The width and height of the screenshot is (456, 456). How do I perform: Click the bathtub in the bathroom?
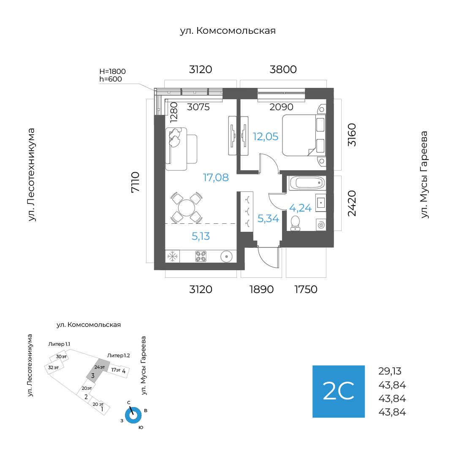coord(307,183)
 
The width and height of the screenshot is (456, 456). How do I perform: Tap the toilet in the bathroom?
coord(295,223)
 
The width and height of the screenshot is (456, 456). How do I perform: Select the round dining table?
coord(186,208)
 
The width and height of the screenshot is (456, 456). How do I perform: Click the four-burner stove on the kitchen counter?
coord(201,257)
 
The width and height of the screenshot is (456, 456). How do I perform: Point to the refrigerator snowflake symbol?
coord(172,257)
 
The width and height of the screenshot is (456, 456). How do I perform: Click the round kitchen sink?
coord(226,257)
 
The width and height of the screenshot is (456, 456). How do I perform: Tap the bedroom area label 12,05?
coord(265,136)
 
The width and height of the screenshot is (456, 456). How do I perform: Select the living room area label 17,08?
coord(215,177)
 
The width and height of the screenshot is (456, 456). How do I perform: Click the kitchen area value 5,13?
coord(201,236)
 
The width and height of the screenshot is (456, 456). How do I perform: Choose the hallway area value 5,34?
coord(268,218)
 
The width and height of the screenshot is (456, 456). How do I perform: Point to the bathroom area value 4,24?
coord(300,208)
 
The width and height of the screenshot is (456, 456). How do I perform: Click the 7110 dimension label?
coord(135,182)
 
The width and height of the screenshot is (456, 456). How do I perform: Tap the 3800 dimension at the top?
coord(283,70)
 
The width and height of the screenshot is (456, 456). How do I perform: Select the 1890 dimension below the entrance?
coord(261,289)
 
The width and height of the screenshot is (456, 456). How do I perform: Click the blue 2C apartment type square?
coord(339,391)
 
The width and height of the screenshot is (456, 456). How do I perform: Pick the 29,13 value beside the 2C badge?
coord(390,371)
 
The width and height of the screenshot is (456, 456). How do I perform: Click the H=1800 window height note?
coord(113,71)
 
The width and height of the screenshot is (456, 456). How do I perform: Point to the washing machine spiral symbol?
coord(321,225)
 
